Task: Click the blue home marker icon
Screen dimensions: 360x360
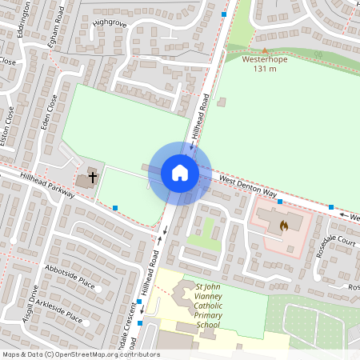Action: coord(180,172)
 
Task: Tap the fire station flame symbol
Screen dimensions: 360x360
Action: coord(282,226)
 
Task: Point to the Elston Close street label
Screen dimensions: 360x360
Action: coord(6,131)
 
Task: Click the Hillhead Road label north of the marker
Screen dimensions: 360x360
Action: coord(199,116)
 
